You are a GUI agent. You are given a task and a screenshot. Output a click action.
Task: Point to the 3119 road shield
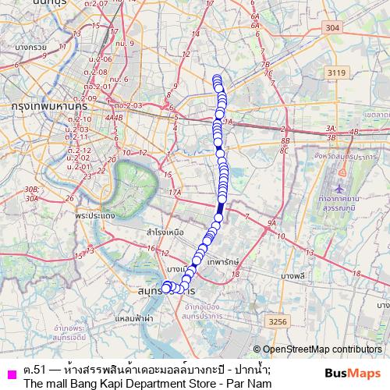point(336,72)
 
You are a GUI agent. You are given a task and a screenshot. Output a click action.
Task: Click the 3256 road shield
point(276,321)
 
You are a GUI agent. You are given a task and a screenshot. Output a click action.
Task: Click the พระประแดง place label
point(97,214)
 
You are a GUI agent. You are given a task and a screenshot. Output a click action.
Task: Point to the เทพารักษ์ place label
point(226,262)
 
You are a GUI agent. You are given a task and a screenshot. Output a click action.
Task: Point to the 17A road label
point(175,191)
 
